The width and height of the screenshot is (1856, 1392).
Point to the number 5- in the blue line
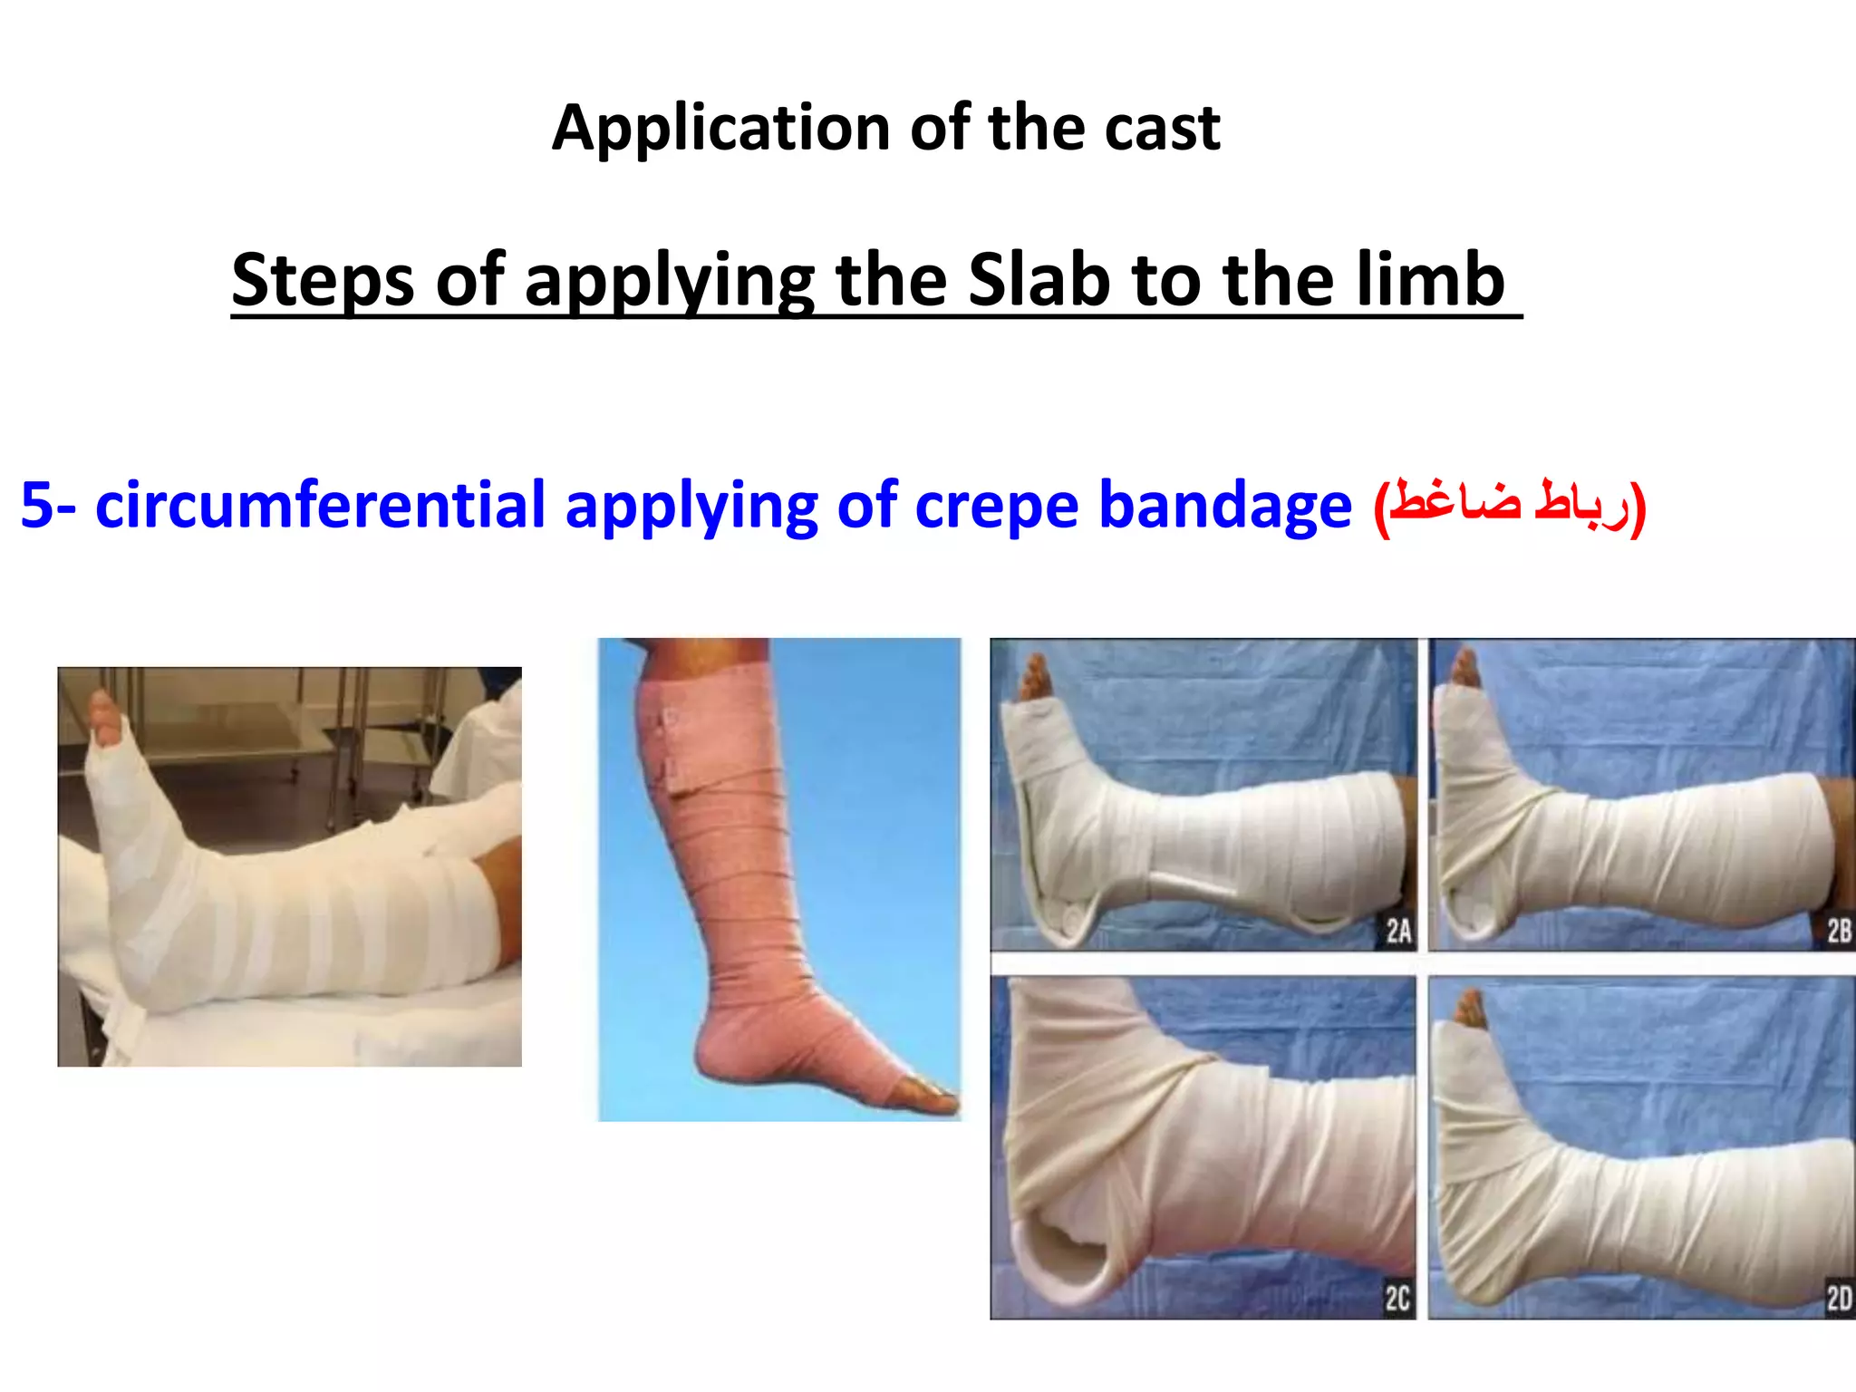click(x=50, y=506)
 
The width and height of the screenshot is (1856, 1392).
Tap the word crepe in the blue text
click(x=997, y=506)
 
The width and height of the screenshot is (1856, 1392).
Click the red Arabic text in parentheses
click(x=1509, y=506)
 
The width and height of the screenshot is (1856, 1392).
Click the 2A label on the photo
click(x=1398, y=931)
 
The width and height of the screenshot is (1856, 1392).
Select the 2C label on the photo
click(x=1397, y=1299)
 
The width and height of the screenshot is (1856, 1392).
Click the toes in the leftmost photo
click(x=104, y=716)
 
